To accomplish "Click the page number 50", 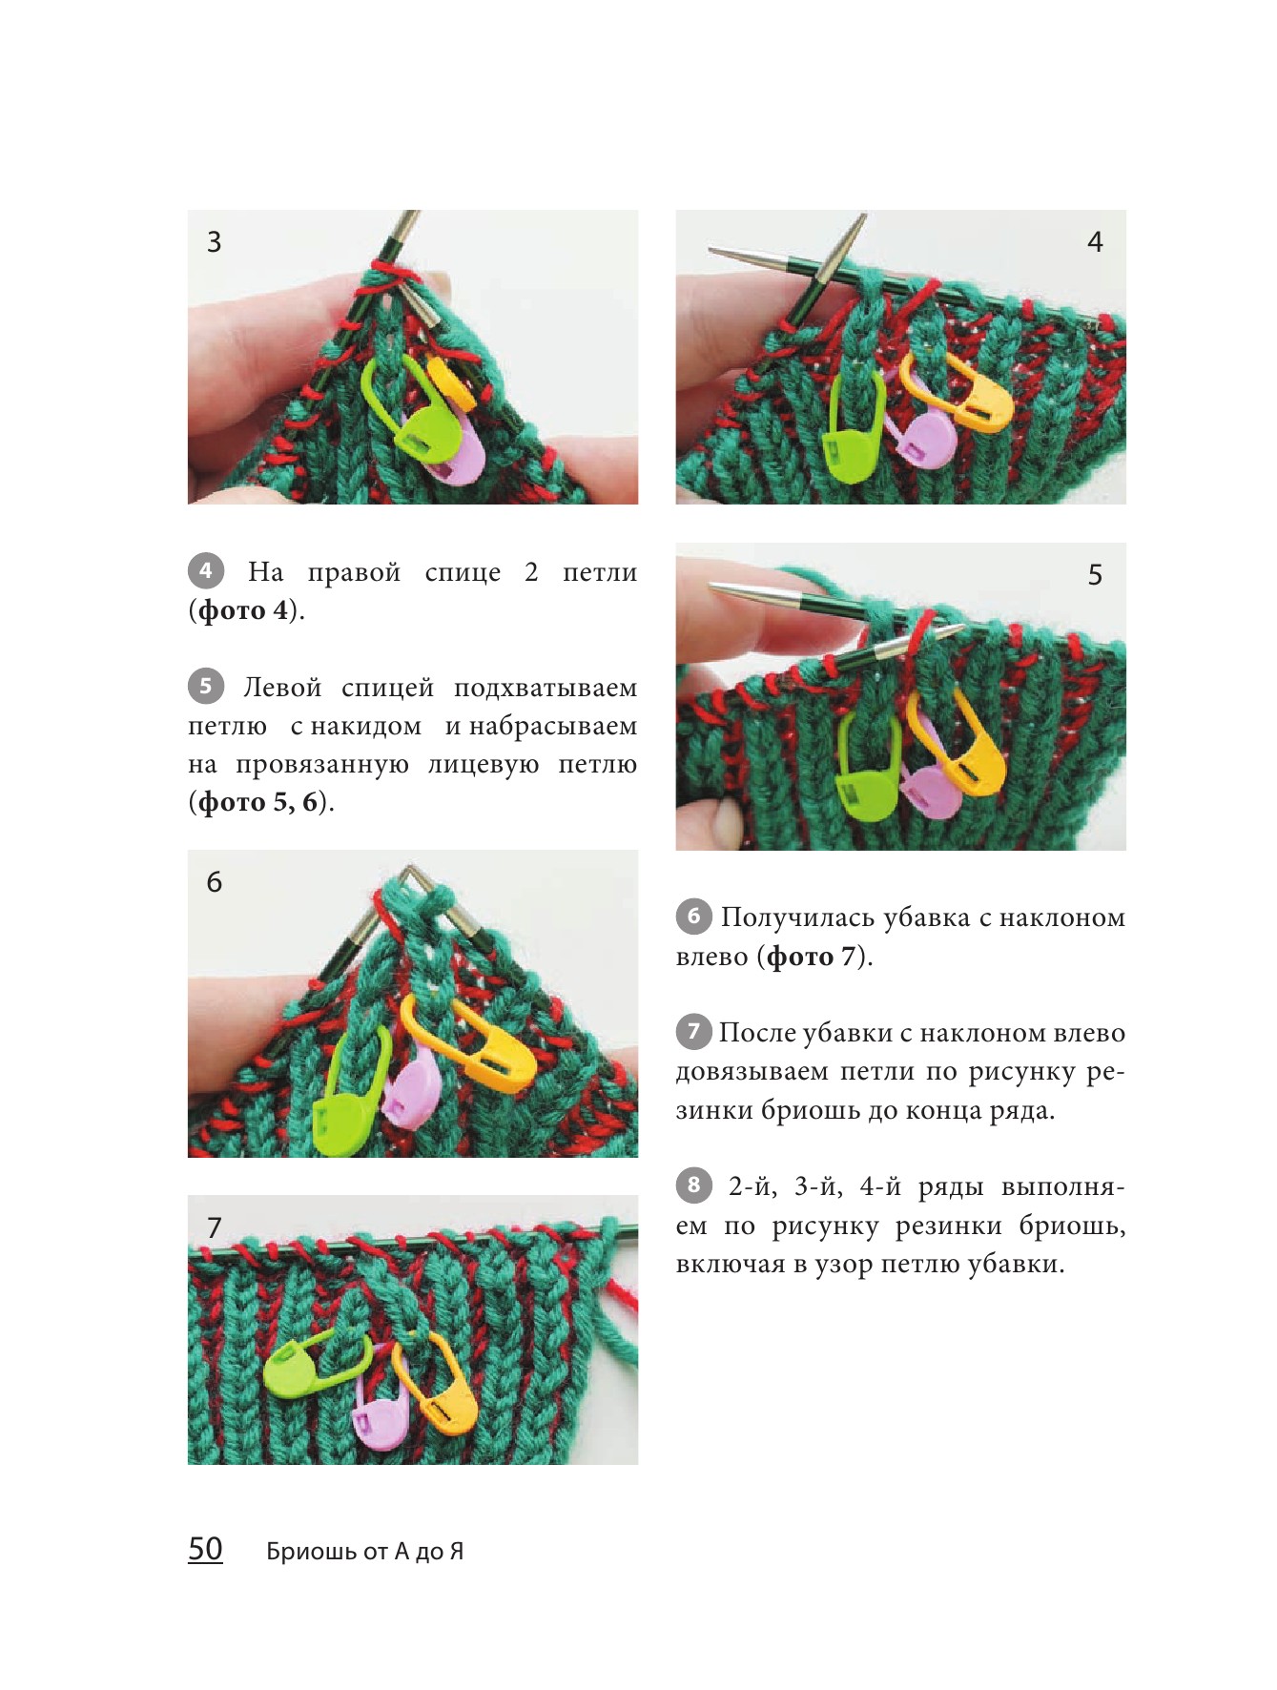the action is pos(205,1549).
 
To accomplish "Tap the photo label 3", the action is pos(215,242).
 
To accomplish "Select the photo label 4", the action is pos(1095,242).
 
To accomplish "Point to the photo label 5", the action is pos(1095,575).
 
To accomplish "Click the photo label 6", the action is pos(215,882).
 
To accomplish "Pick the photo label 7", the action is pos(215,1227).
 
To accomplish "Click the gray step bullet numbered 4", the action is pos(206,571).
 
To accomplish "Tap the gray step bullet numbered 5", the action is pos(206,687).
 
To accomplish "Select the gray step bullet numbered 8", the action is pos(694,1185).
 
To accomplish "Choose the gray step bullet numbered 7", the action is pos(694,1031).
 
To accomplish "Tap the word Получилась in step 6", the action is pos(797,918).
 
